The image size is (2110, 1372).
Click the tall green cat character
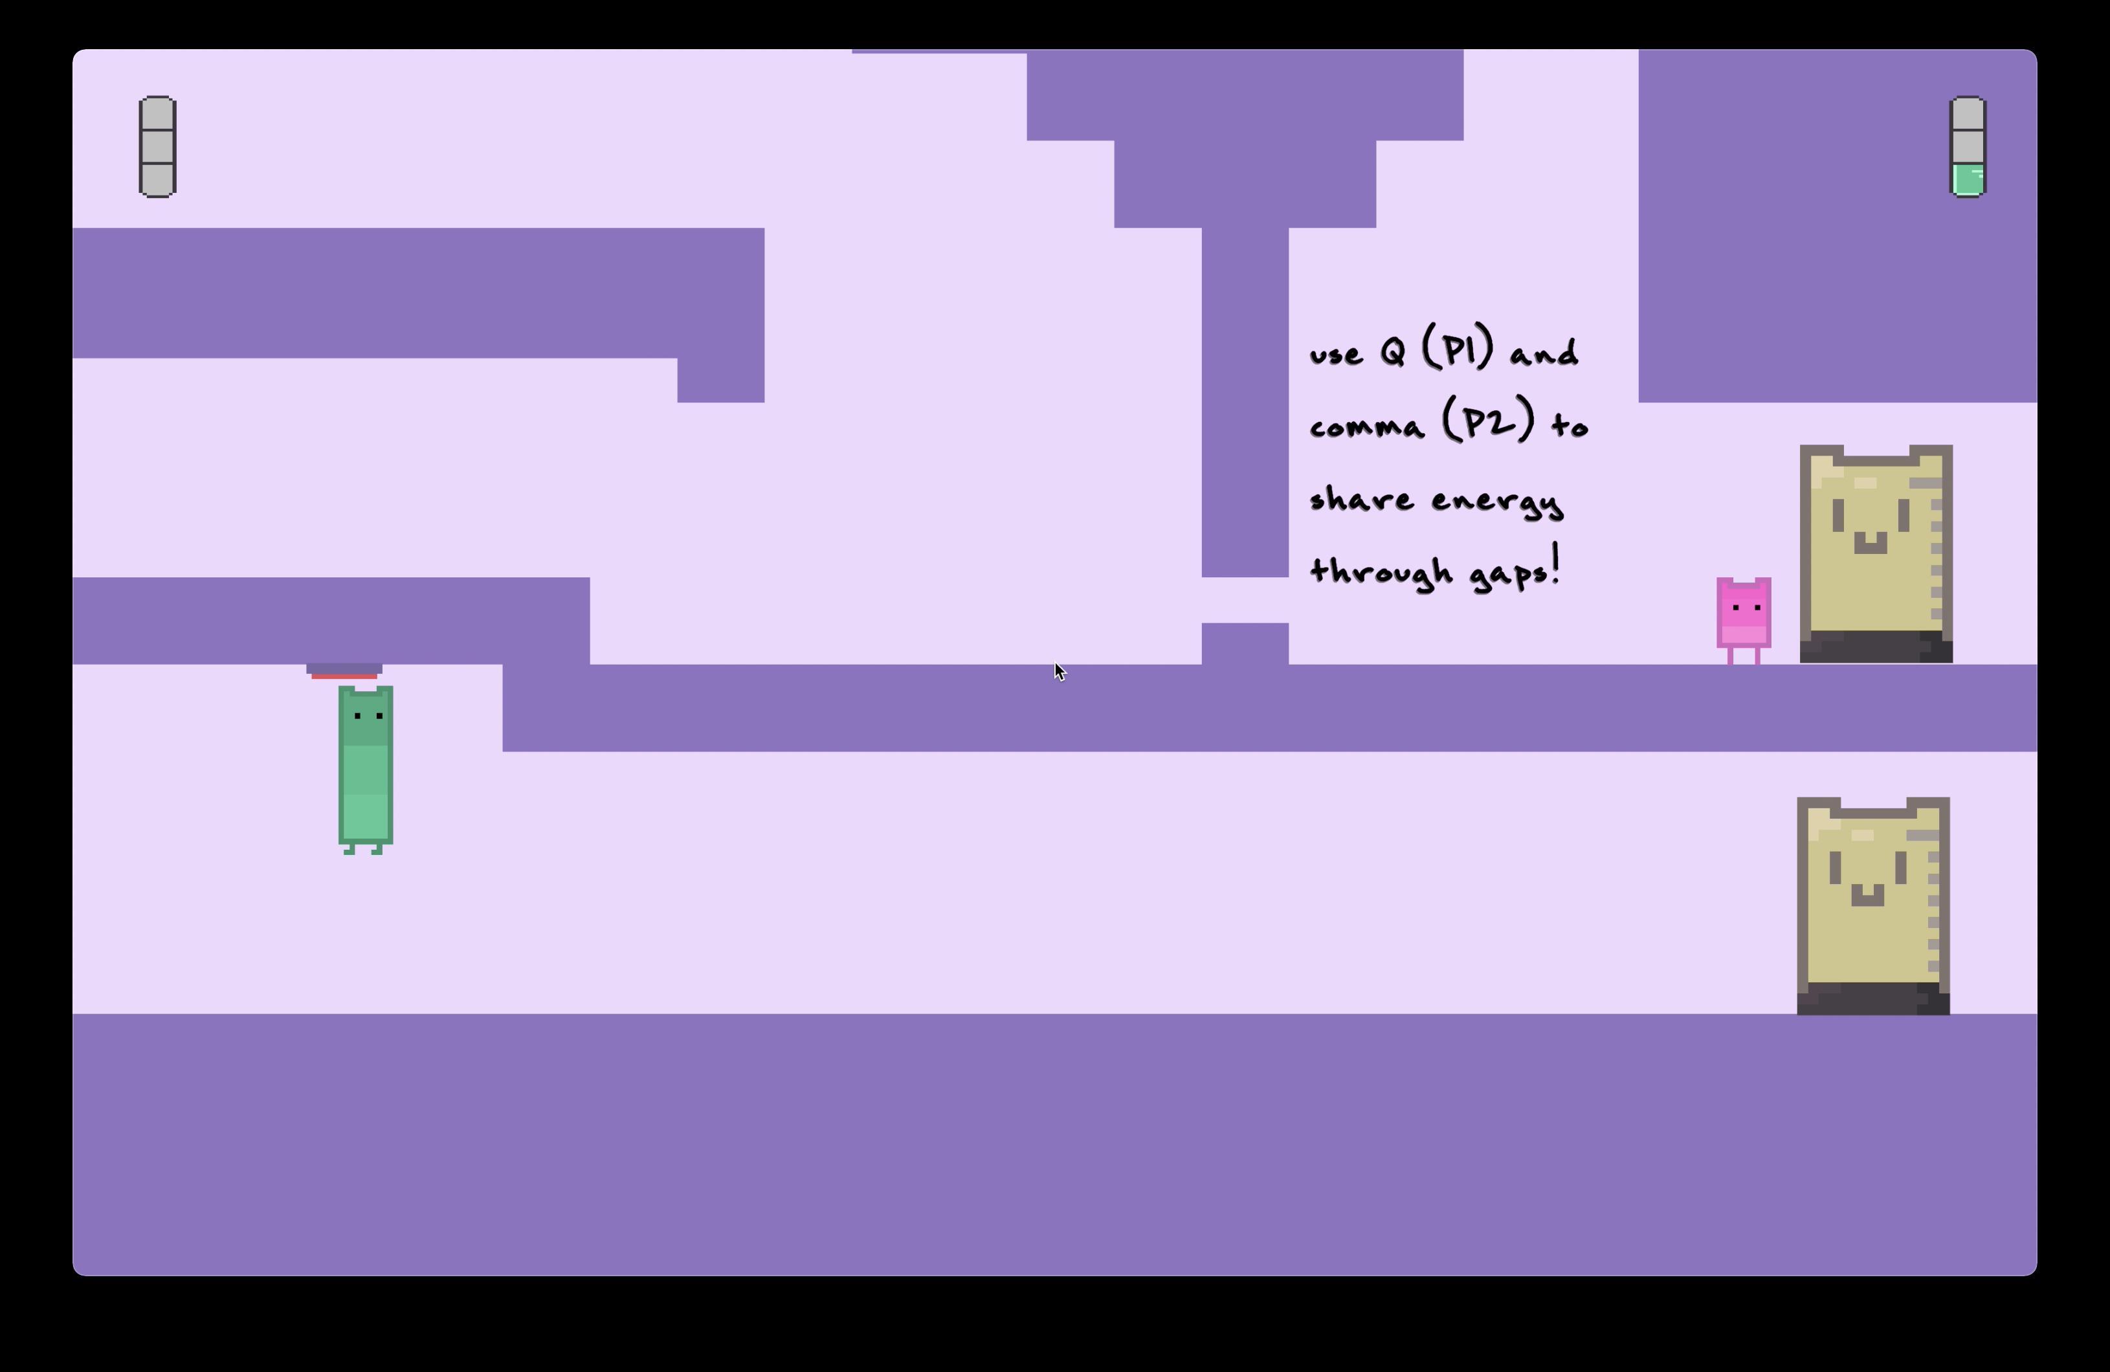[365, 768]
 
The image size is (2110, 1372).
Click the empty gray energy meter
[158, 146]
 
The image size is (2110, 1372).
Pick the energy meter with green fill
[1967, 146]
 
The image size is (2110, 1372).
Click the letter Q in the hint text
[1393, 353]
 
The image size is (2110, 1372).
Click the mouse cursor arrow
[1058, 671]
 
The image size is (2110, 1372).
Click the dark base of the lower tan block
[1872, 998]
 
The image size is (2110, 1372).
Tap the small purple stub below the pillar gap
[1245, 643]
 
